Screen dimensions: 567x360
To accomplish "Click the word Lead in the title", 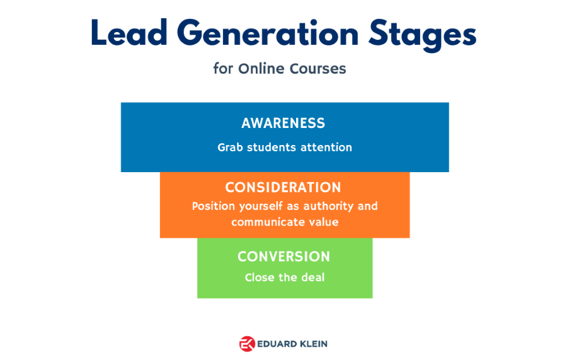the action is click(129, 33).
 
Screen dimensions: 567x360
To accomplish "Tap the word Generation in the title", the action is click(268, 33).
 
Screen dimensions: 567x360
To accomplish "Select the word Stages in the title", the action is click(422, 35).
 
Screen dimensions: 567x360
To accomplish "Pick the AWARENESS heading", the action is click(283, 123).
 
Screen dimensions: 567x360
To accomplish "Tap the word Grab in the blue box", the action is click(230, 148).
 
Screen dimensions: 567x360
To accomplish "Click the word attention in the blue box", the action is click(326, 148).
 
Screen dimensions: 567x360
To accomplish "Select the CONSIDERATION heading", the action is click(283, 187).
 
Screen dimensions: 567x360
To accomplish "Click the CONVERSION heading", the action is click(284, 257).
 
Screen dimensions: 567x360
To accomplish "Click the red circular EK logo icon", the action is click(248, 344).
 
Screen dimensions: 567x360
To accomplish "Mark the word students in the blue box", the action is click(272, 148).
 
